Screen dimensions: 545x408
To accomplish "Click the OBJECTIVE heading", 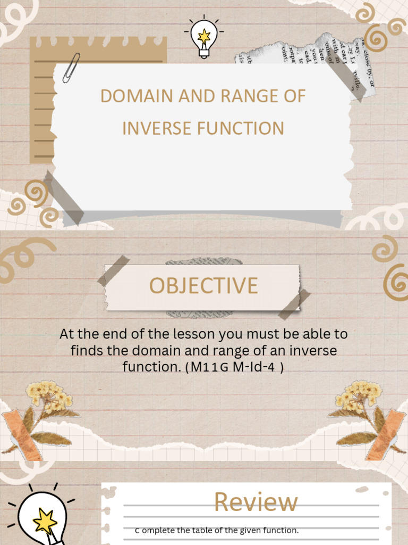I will [x=203, y=286].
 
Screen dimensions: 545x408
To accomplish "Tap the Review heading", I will [x=256, y=502].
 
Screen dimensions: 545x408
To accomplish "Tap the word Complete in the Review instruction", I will [x=155, y=530].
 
